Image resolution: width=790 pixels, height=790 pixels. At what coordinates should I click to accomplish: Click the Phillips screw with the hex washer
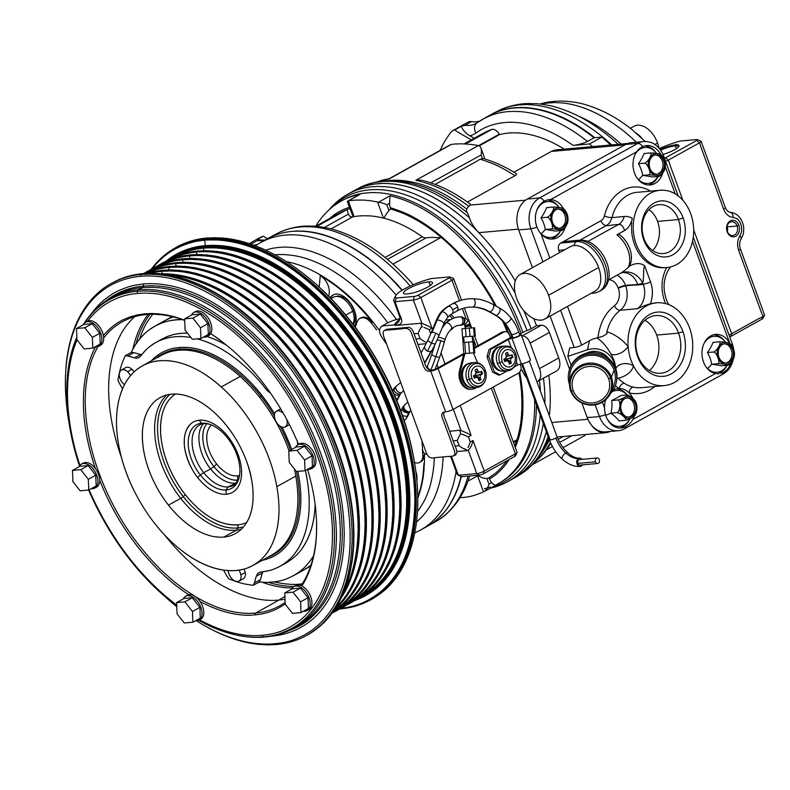[506, 358]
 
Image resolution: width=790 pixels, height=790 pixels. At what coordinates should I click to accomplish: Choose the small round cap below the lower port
[586, 378]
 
